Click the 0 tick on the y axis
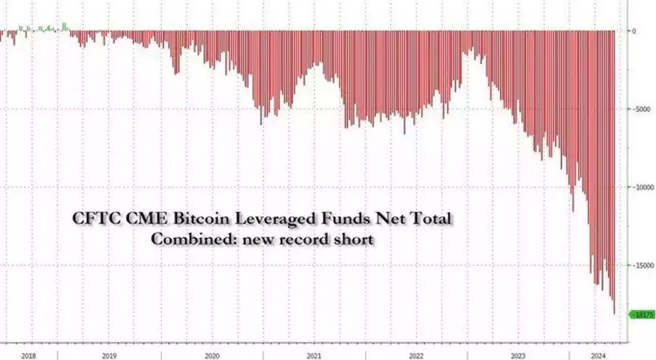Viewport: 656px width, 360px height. point(634,31)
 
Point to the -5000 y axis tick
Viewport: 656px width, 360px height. point(640,110)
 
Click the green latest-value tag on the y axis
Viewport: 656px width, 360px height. point(642,314)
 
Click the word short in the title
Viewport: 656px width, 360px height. point(356,238)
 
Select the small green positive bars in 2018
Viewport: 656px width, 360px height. point(44,28)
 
